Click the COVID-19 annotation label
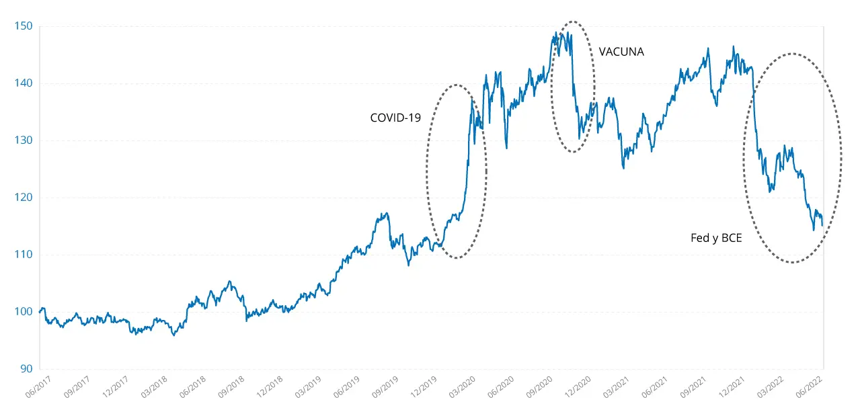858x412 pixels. [x=395, y=118]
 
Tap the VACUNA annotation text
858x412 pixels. [x=621, y=52]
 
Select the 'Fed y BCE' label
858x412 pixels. [x=716, y=238]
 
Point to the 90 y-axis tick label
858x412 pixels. [x=25, y=369]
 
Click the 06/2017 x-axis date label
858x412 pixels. [x=38, y=388]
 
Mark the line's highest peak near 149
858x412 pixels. [x=560, y=32]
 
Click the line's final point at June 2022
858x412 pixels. [x=822, y=226]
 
